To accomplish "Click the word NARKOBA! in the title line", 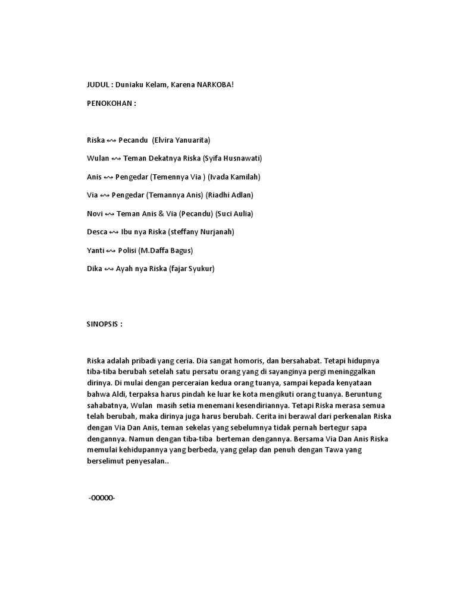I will pyautogui.click(x=215, y=85).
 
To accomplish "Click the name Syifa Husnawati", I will pyautogui.click(x=233, y=158).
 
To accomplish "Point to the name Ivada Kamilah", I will pyautogui.click(x=234, y=177).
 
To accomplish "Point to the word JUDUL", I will pyautogui.click(x=97, y=85).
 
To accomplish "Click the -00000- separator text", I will pyautogui.click(x=101, y=498).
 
